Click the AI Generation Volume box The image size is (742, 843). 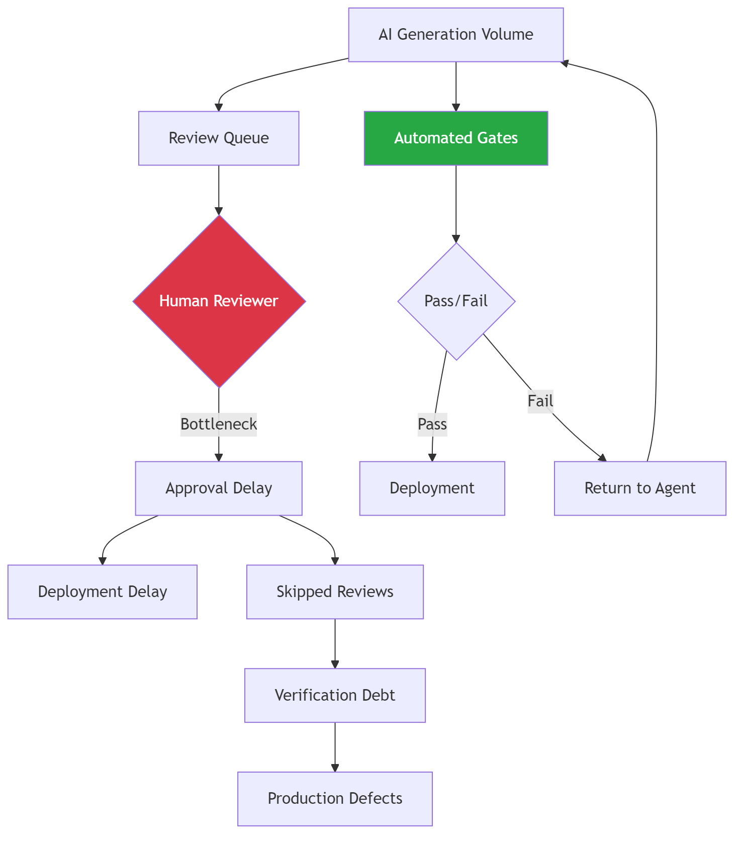pos(455,35)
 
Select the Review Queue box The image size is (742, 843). pos(219,138)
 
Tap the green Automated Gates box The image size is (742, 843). pos(455,138)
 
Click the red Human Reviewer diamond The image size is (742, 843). pos(219,301)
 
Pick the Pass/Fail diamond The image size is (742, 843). pos(456,301)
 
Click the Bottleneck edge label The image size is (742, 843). pos(219,424)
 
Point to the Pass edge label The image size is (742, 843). pos(432,424)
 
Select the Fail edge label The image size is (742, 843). pos(540,401)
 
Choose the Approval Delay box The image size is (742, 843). pos(219,488)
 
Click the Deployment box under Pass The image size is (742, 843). pos(432,488)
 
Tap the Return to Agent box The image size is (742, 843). pos(640,488)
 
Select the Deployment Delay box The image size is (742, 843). pos(103,592)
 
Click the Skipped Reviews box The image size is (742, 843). pos(335,592)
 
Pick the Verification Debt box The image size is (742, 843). pos(335,695)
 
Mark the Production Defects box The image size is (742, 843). pos(335,798)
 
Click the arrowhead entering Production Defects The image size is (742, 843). pos(335,768)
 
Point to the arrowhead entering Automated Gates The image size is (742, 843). pos(456,107)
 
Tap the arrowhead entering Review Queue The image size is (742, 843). pos(219,107)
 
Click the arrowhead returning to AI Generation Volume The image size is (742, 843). pos(565,63)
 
